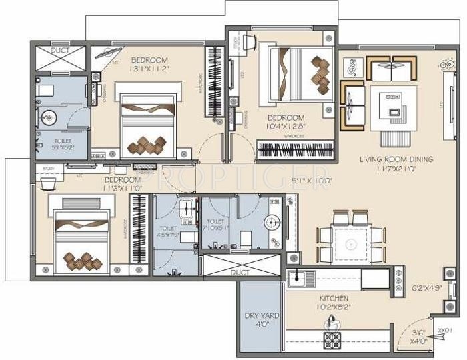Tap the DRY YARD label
[261, 315]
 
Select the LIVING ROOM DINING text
[396, 159]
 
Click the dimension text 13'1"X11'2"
[149, 67]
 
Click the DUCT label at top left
[60, 50]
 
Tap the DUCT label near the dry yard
[241, 273]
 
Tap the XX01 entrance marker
[445, 330]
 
